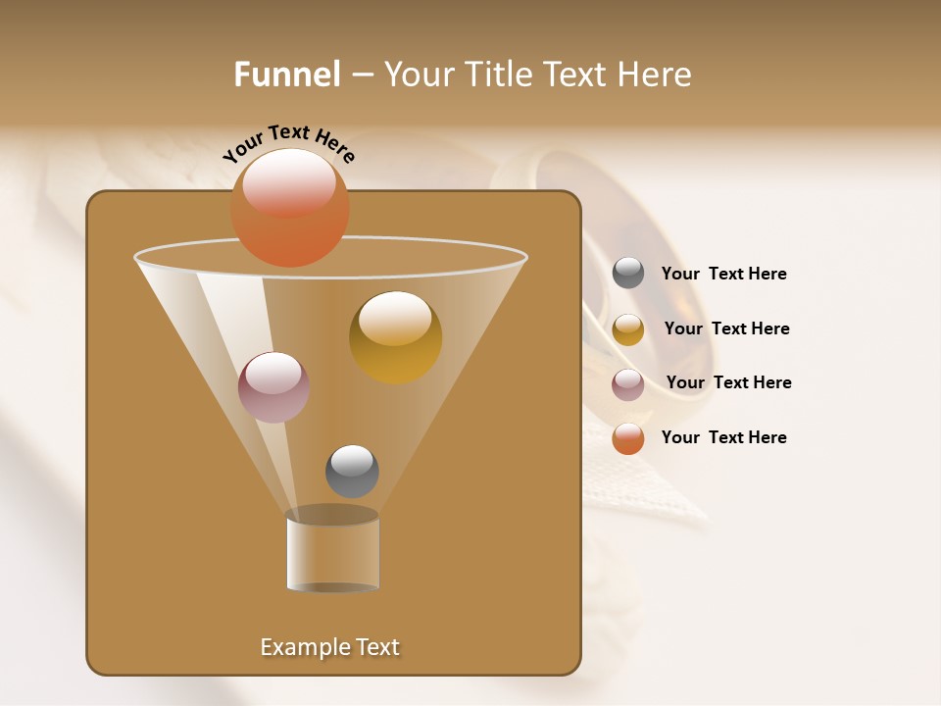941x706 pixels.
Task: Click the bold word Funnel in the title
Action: point(287,75)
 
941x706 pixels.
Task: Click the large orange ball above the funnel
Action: point(290,207)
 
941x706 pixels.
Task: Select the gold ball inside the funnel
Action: point(395,337)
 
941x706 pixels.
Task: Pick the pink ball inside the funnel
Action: point(274,387)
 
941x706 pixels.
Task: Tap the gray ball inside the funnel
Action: point(352,472)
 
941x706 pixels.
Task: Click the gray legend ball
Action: point(628,274)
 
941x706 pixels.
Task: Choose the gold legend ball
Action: point(628,329)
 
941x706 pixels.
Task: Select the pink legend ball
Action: point(628,384)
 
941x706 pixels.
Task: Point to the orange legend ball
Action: point(628,438)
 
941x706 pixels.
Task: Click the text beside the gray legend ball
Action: point(723,274)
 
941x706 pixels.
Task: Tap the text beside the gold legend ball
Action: point(726,328)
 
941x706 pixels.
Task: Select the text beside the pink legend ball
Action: point(728,382)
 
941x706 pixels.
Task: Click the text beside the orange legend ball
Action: point(723,437)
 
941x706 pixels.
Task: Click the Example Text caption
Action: point(330,647)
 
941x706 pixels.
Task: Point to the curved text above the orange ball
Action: point(288,143)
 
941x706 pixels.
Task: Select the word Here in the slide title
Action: point(657,75)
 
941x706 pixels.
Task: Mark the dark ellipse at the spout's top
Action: point(332,516)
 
